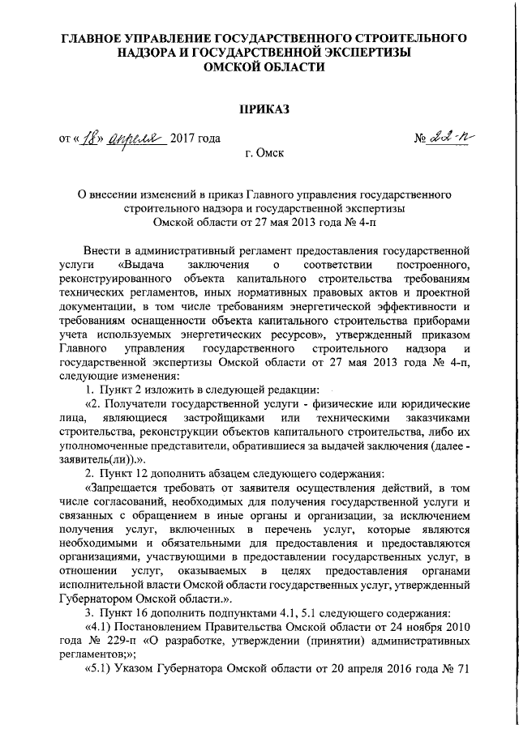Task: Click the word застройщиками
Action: pos(229,418)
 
